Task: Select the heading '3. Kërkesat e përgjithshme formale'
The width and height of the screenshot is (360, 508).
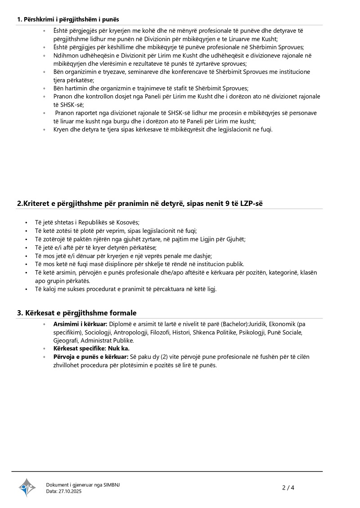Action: click(76, 312)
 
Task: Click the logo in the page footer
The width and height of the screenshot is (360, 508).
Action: click(27, 487)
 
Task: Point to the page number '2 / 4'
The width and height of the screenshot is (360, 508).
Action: click(288, 487)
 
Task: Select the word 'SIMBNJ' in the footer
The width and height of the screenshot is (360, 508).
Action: click(112, 485)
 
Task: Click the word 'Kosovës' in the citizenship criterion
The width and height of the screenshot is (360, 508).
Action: click(128, 223)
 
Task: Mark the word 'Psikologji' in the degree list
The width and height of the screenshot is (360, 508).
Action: click(250, 332)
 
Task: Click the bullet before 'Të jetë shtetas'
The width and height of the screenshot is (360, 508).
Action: click(27, 223)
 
